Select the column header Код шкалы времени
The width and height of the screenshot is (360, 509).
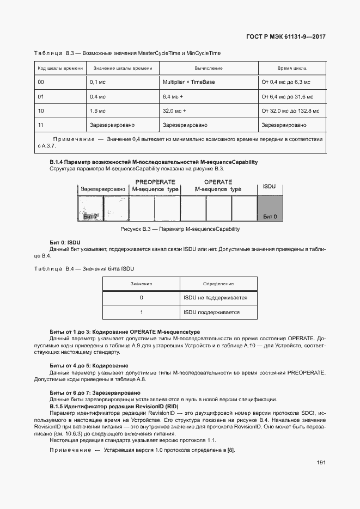point(60,69)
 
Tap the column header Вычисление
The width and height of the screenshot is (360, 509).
point(209,69)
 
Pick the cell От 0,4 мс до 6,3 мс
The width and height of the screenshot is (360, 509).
point(286,82)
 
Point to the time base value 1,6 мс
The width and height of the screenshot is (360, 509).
point(98,111)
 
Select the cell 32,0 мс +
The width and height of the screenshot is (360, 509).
point(174,111)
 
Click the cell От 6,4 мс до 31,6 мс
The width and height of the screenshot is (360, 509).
point(288,96)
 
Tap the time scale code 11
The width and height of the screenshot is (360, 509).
point(41,125)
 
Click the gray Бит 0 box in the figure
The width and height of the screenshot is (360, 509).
point(270,208)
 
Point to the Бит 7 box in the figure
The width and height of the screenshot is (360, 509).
point(89,208)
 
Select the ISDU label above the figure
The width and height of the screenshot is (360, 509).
point(270,186)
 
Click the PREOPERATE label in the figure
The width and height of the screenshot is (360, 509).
point(155,182)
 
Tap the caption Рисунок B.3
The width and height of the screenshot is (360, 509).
point(180,229)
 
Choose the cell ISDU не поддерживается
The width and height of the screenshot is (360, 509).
point(216,298)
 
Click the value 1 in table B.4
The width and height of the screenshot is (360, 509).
point(141,312)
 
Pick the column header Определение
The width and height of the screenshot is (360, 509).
point(218,284)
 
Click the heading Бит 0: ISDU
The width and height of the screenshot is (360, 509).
point(65,242)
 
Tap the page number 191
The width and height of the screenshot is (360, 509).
point(321,463)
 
